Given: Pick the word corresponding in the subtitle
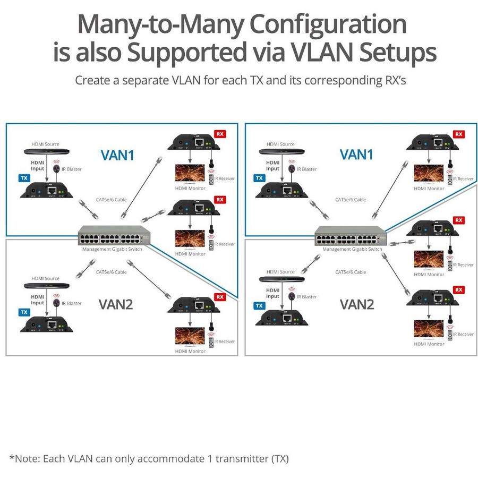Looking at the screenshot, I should (336, 81).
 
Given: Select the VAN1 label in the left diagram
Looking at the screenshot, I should (118, 155).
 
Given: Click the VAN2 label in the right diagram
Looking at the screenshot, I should (357, 304).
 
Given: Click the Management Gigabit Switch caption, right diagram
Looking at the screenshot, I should (352, 249).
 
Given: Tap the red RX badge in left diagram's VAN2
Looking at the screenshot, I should (219, 296).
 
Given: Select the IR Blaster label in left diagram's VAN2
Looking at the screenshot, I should (72, 303).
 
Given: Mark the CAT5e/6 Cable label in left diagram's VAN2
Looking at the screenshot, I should (111, 272).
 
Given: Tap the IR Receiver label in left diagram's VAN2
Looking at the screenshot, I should (225, 342).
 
